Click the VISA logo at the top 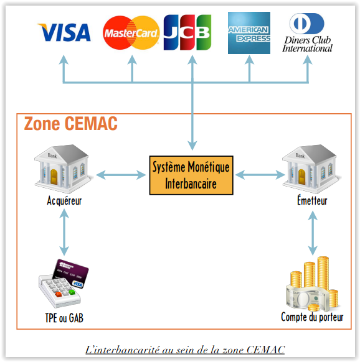coord(64,32)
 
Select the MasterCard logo coord(131,33)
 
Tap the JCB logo coord(187,32)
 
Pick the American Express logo coord(249,33)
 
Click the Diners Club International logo coord(308,33)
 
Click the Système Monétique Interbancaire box coord(191,175)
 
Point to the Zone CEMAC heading coord(70,124)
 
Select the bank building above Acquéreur coord(61,169)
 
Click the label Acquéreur coord(64,201)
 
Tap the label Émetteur coord(312,201)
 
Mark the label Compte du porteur coord(311,318)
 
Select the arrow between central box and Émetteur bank coord(259,175)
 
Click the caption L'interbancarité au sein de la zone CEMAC coord(184,350)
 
